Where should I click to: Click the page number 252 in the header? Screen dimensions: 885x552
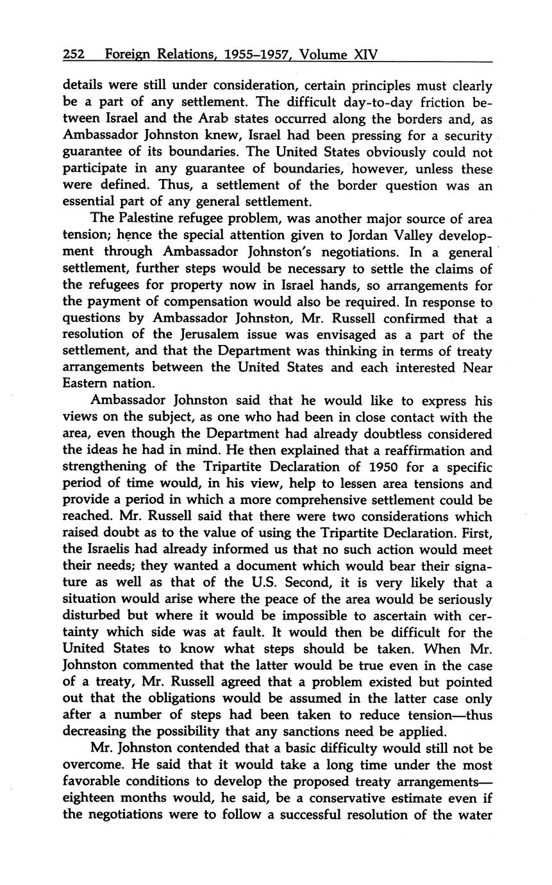(74, 55)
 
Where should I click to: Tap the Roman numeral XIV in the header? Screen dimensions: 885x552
(366, 55)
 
